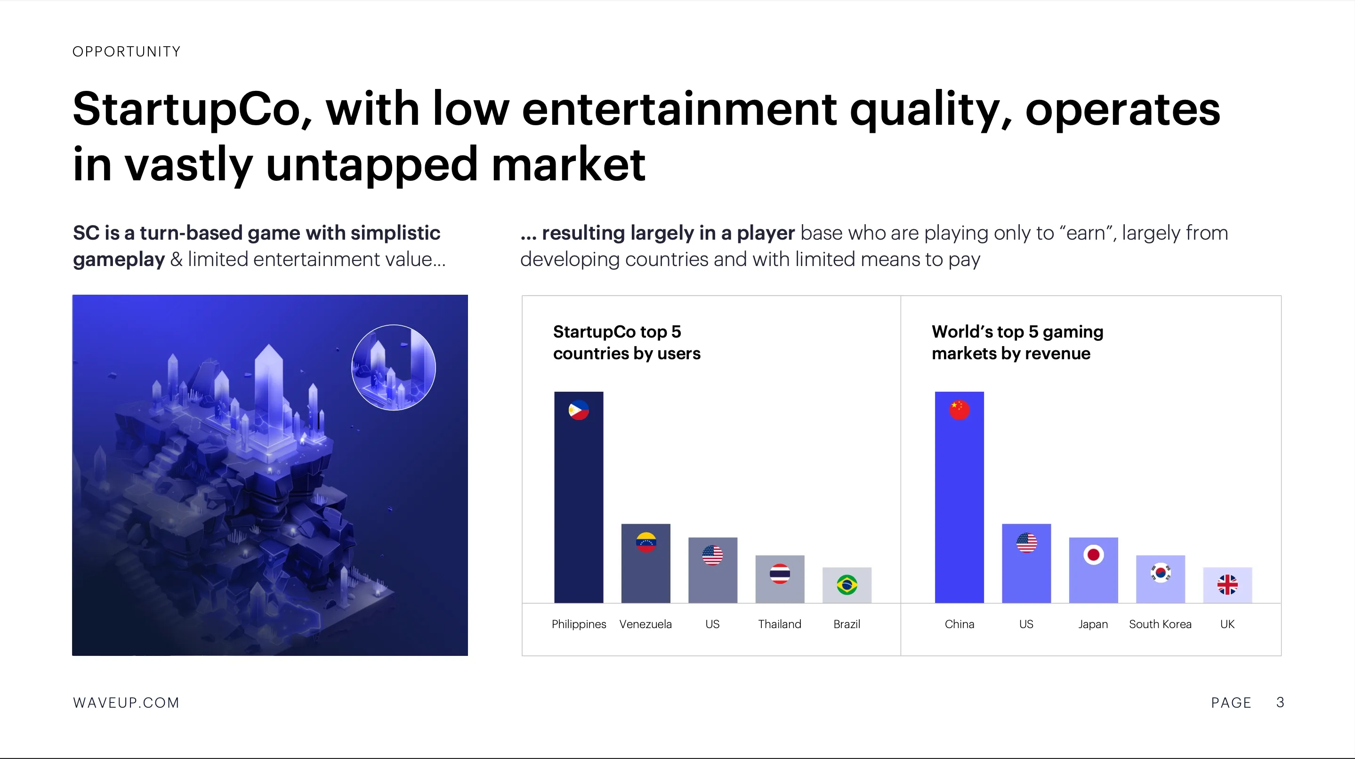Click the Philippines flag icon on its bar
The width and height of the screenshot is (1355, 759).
(x=579, y=410)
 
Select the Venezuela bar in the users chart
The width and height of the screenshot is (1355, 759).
(x=645, y=563)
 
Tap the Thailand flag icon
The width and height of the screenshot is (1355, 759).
(x=780, y=574)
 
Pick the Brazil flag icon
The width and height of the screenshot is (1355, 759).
(x=847, y=585)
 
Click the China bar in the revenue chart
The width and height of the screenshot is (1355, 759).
(x=959, y=497)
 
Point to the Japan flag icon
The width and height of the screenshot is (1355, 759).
(x=1094, y=554)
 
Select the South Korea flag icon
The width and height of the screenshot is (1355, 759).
(x=1161, y=572)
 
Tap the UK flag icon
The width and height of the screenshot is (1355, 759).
(x=1227, y=585)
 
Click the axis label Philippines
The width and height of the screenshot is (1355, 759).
(x=579, y=624)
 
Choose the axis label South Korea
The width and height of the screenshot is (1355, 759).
(x=1161, y=624)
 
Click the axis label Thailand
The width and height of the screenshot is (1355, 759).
(x=780, y=624)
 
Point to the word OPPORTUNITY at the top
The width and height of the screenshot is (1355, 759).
(x=126, y=51)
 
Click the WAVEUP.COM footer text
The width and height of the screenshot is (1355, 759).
(x=126, y=702)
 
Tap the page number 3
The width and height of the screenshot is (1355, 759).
(x=1280, y=702)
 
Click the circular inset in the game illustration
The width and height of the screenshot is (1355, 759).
(x=394, y=367)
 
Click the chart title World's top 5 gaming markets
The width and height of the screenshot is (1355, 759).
(x=1017, y=342)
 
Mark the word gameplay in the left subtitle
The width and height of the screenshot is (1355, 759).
(x=119, y=260)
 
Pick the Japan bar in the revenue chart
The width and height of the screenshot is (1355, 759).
(x=1094, y=570)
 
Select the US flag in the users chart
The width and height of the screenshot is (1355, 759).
(x=713, y=555)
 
